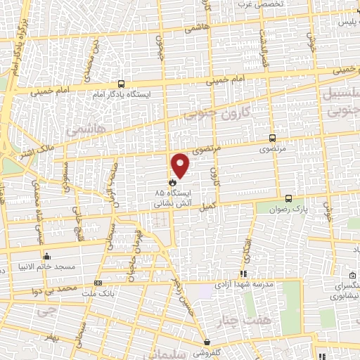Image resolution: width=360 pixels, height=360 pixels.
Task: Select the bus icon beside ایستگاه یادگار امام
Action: click(121, 82)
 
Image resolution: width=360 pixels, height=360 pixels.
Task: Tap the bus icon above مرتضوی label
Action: click(273, 139)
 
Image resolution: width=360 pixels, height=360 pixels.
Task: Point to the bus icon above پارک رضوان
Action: click(288, 198)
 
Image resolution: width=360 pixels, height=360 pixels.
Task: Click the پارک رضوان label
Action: click(288, 209)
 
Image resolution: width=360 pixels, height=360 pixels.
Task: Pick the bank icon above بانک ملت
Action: click(97, 283)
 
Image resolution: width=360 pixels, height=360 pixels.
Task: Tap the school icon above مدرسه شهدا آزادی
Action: click(243, 274)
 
